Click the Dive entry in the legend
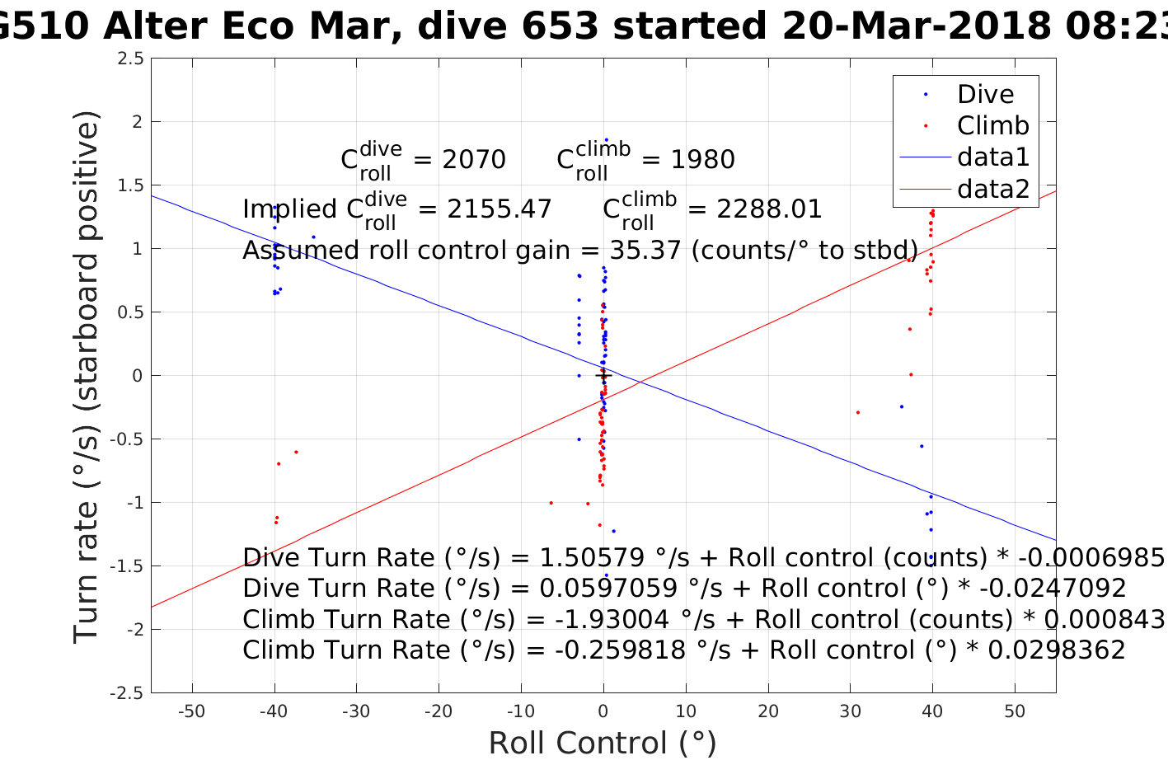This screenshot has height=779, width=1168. point(985,94)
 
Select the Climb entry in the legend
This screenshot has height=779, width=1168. point(992,125)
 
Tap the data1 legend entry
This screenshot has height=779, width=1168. point(992,157)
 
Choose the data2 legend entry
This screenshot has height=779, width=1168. point(992,189)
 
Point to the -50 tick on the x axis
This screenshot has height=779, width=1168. point(192,711)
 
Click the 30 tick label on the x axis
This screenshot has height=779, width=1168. point(850,711)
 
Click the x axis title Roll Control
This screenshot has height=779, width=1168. point(603,743)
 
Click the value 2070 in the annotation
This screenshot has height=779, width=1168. point(474,159)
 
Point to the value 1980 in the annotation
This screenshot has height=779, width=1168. point(702,159)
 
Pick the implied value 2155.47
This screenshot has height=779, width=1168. point(500,209)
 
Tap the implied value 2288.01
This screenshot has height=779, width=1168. point(770,209)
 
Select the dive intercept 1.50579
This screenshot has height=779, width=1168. point(581,558)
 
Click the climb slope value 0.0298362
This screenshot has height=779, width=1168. point(1056,650)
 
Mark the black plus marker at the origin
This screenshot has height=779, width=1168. point(603,376)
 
